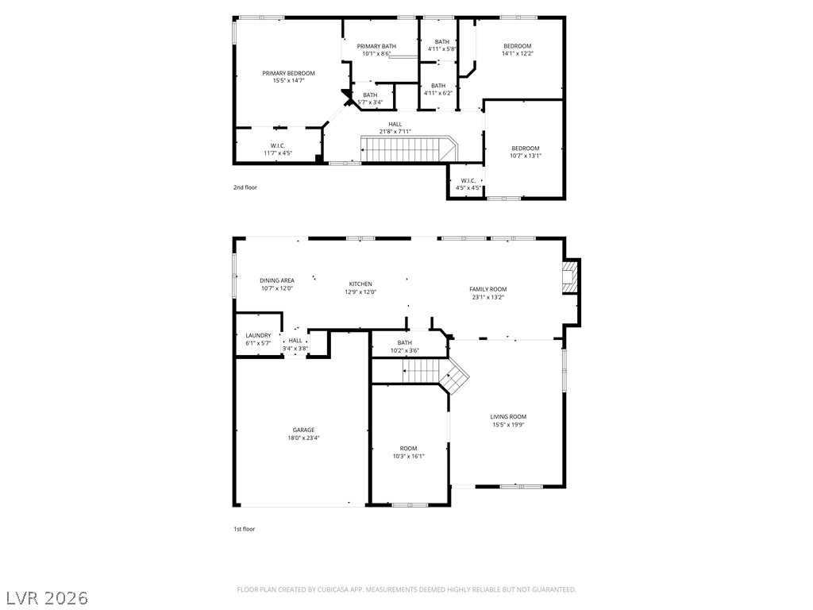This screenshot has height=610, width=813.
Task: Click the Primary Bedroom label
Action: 288,73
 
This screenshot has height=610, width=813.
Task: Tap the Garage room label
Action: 303,430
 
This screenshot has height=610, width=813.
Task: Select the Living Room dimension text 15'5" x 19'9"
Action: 508,425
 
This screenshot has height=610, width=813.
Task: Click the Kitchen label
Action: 360,284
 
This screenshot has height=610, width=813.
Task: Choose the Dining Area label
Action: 277,280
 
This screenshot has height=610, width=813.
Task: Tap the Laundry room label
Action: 258,336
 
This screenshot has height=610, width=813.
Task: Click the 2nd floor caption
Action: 245,187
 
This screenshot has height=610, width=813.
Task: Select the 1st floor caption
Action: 245,529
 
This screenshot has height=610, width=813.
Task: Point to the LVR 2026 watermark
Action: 44,598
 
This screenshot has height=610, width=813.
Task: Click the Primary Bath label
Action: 376,46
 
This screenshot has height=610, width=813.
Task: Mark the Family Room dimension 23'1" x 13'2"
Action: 488,297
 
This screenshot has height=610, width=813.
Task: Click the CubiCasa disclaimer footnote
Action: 406,589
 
